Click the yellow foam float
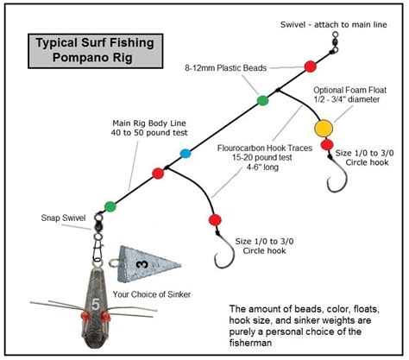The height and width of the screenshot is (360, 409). pos(324,128)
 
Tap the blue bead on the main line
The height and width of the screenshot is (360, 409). pos(186,154)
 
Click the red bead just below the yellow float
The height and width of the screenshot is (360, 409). pos(327,145)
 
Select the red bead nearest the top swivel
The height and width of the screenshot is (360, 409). pos(311,66)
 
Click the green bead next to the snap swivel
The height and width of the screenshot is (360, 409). pos(110,206)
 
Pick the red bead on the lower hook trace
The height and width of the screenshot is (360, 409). pos(215,220)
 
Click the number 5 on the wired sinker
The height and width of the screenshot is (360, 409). pos(96,305)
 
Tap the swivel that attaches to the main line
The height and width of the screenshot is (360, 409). pos(334,42)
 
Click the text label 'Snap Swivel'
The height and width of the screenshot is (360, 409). pos(63,218)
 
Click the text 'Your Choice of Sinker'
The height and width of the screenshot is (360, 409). pos(152,294)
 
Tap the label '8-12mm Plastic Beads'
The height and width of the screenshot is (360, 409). pos(226,68)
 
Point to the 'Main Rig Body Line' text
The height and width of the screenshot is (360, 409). pos(149,123)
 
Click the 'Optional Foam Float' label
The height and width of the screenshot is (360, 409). pos(349,90)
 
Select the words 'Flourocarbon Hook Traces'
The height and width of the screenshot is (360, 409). pos(265,148)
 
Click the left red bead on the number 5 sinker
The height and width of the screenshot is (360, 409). pos(85,316)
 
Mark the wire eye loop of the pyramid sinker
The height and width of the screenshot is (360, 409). pos(114,262)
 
